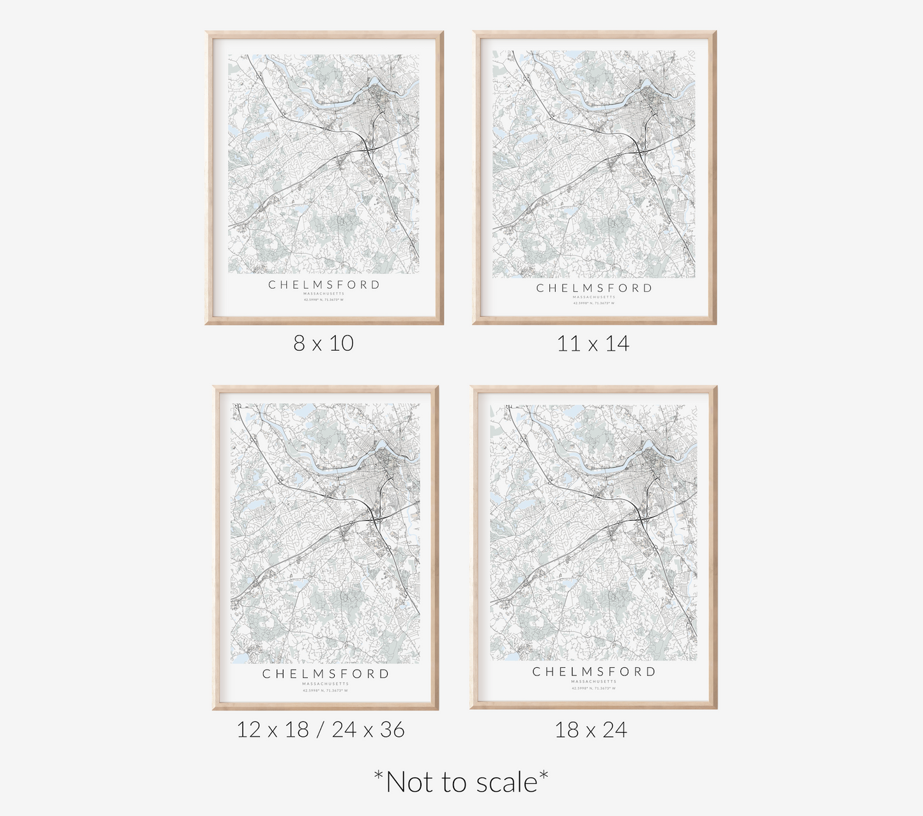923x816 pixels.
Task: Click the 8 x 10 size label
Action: [323, 343]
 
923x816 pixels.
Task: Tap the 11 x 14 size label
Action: [593, 344]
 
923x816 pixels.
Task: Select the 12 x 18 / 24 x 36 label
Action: [320, 729]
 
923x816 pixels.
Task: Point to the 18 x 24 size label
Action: [591, 729]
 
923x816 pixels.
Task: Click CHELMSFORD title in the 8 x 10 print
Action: [324, 285]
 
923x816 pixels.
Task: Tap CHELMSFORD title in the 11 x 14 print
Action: [594, 288]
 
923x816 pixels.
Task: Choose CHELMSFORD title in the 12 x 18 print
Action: [325, 674]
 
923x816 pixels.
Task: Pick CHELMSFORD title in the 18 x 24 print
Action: [594, 672]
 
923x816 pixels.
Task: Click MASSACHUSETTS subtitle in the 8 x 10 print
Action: [324, 294]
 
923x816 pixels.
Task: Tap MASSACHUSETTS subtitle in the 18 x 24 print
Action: [594, 682]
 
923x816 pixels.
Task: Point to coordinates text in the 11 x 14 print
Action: [594, 303]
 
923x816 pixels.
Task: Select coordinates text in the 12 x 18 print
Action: [325, 690]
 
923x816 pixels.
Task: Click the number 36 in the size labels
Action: [392, 729]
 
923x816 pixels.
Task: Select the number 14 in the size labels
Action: [617, 344]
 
